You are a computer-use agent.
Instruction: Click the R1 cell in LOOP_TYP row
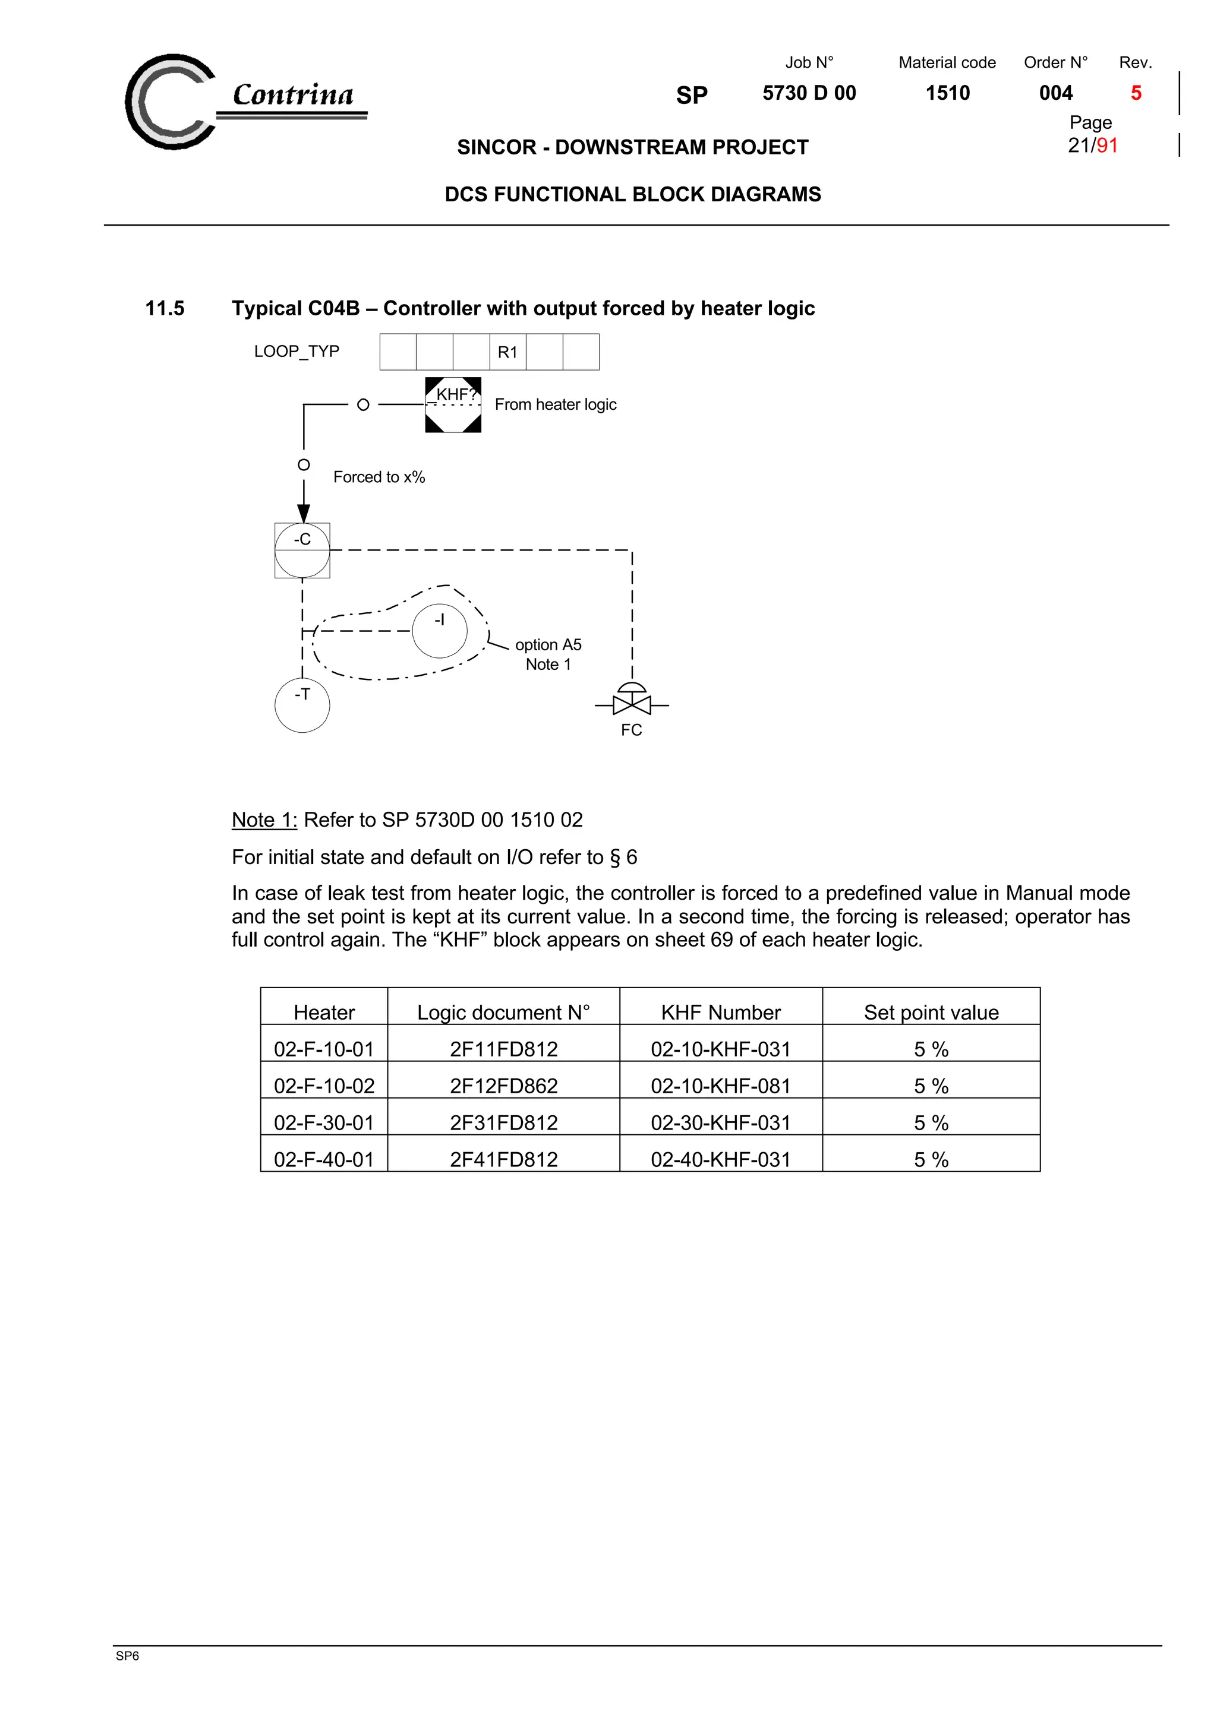point(507,352)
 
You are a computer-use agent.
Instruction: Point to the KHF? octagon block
point(453,405)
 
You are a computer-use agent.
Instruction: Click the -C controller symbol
point(302,550)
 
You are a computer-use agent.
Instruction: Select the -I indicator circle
point(439,631)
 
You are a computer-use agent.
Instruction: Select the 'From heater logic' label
point(555,405)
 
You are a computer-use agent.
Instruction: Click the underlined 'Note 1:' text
point(264,820)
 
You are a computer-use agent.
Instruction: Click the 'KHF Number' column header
point(721,1013)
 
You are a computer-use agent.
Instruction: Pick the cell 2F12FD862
point(503,1086)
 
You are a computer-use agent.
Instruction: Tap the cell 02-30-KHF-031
point(721,1123)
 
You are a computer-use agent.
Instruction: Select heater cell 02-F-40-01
point(324,1160)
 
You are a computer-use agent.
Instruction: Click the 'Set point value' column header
point(931,1013)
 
